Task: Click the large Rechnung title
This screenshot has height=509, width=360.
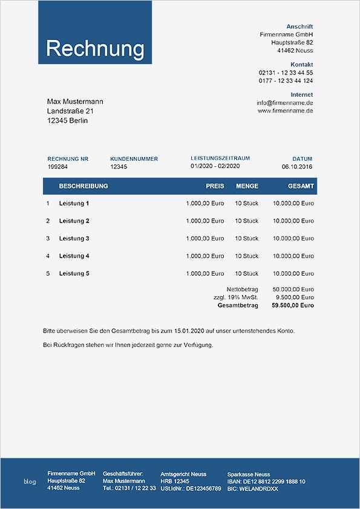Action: pyautogui.click(x=95, y=48)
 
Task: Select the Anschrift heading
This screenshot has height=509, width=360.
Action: pyautogui.click(x=299, y=27)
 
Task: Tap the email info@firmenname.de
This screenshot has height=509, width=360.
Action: pyautogui.click(x=284, y=103)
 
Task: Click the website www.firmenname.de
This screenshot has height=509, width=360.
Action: pyautogui.click(x=285, y=111)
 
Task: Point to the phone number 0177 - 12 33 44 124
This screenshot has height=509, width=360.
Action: pyautogui.click(x=286, y=80)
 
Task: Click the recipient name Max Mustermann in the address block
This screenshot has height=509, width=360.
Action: pyautogui.click(x=75, y=101)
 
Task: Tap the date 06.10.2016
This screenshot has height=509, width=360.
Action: pyautogui.click(x=297, y=166)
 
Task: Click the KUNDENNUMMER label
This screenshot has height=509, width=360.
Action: pyautogui.click(x=134, y=159)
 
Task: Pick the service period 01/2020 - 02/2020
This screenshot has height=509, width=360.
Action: pyautogui.click(x=215, y=166)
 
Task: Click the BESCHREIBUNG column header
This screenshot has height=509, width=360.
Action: pyautogui.click(x=83, y=186)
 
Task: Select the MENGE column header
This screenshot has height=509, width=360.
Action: pyautogui.click(x=247, y=186)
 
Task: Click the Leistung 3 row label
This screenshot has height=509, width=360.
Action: pyautogui.click(x=74, y=239)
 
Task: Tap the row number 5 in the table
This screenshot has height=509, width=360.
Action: pyautogui.click(x=48, y=274)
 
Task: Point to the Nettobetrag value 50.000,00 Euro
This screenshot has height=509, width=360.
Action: pyautogui.click(x=293, y=290)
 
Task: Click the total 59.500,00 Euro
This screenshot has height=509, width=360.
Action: pyautogui.click(x=293, y=305)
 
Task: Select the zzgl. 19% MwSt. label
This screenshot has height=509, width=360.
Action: pyautogui.click(x=235, y=297)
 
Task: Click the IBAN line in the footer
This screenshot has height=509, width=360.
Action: pyautogui.click(x=266, y=481)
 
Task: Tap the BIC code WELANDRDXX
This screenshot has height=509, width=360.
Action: pyautogui.click(x=252, y=488)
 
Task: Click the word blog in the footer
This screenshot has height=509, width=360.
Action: pyautogui.click(x=30, y=481)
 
